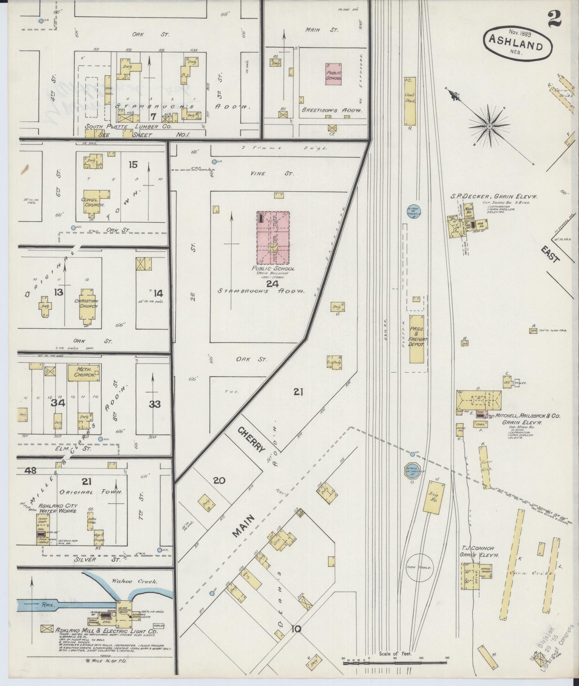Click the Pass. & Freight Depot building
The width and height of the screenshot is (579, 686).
[417, 339]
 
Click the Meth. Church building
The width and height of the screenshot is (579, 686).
[84, 372]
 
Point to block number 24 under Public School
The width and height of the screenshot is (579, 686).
[272, 284]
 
